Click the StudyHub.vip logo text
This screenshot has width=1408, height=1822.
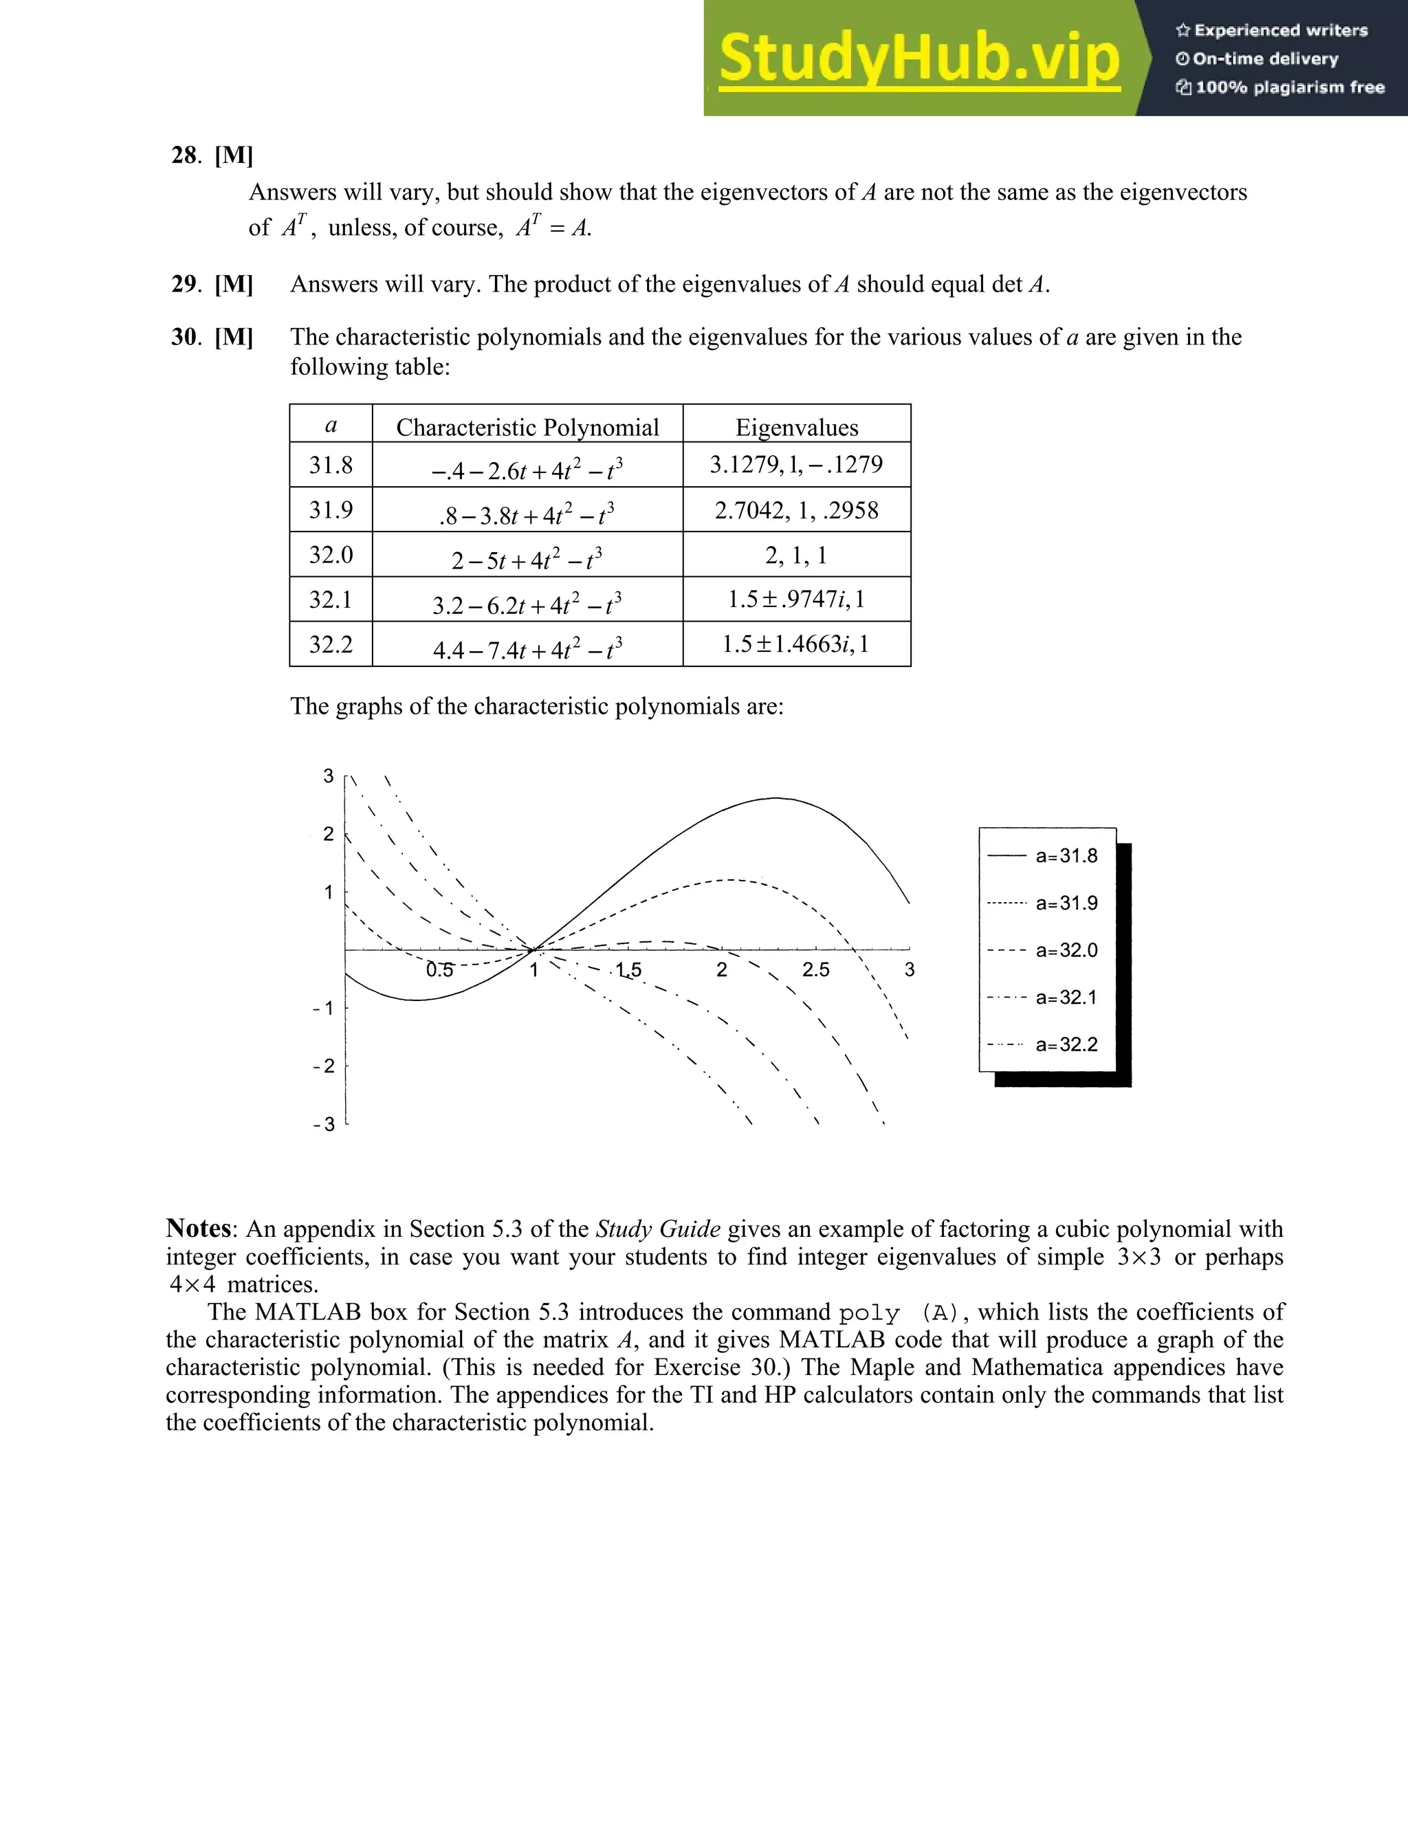coord(919,58)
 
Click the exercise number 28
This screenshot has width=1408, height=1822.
coord(184,155)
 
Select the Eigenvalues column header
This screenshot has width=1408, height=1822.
coord(797,427)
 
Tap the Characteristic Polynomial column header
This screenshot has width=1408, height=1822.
coord(527,427)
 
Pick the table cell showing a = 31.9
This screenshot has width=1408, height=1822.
coord(330,509)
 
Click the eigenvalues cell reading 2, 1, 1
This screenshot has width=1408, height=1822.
coord(797,555)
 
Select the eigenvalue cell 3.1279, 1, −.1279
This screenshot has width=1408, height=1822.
coord(797,465)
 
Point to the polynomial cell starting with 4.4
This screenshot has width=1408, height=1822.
coord(527,648)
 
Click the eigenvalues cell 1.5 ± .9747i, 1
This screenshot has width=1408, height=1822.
coord(797,599)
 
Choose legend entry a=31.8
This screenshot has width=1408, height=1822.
coord(1066,856)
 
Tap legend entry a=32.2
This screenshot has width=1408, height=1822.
coord(1066,1044)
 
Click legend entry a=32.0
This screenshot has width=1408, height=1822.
coord(1066,950)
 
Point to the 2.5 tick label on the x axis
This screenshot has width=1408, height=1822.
coord(816,969)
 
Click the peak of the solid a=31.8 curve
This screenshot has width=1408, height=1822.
coord(775,798)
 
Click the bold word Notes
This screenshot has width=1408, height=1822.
coord(199,1229)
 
